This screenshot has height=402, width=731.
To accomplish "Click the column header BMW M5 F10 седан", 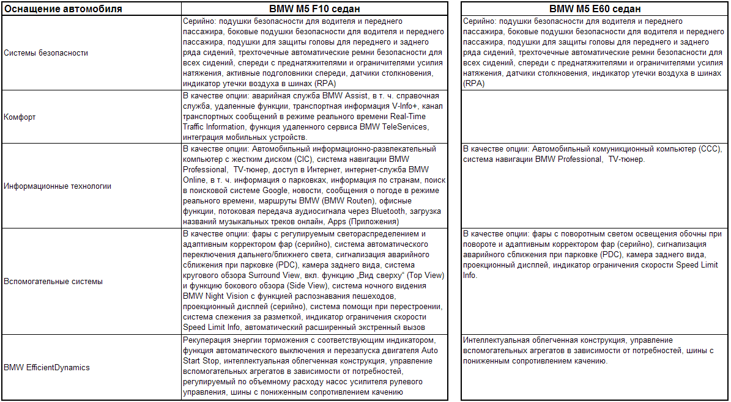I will [x=314, y=9].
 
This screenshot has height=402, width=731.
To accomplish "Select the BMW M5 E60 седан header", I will [x=595, y=9].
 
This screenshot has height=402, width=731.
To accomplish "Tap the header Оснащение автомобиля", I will [x=62, y=9].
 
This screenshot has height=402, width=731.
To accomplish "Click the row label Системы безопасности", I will [x=46, y=53].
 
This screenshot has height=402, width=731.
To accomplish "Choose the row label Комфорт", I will [x=20, y=117].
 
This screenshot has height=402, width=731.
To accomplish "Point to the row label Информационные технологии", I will [x=58, y=186].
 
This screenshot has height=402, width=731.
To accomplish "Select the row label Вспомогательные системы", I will [x=53, y=282].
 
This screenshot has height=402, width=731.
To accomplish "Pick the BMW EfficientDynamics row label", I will [x=46, y=367].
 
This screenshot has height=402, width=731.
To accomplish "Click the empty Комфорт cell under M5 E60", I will [x=595, y=117].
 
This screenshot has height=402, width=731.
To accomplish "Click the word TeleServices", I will [x=407, y=126].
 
